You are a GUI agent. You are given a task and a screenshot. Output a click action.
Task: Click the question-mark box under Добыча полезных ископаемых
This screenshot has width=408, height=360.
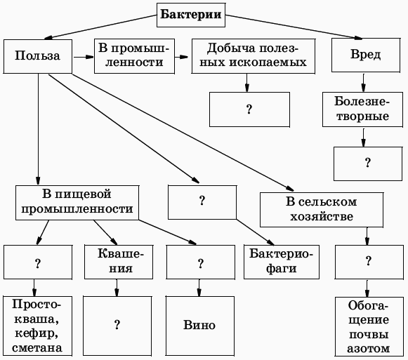click(249, 109)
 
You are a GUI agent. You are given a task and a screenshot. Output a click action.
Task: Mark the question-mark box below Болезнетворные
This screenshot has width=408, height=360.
click(367, 162)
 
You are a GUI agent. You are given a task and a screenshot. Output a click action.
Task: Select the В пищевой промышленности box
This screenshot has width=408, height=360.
click(77, 201)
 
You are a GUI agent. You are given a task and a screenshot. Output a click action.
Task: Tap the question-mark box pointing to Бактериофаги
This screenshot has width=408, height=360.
click(202, 201)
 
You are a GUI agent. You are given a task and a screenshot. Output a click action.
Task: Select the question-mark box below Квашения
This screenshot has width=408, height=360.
click(117, 326)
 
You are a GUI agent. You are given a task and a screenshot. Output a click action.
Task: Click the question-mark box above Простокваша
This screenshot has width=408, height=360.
click(36, 263)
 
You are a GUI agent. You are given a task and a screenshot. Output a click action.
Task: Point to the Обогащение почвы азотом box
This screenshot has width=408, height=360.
click(367, 326)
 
